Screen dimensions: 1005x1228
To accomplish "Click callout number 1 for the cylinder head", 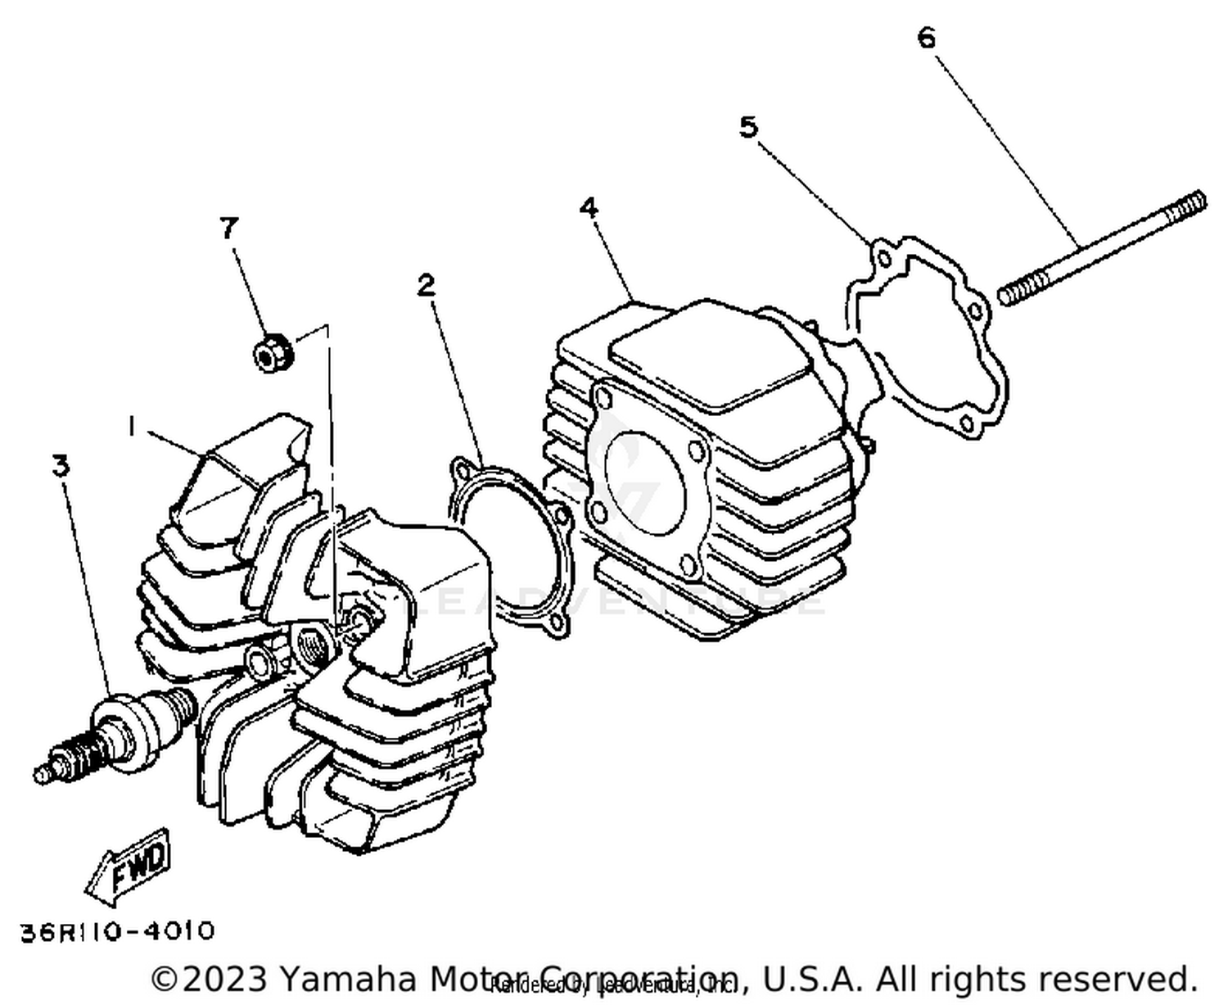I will pos(131,426).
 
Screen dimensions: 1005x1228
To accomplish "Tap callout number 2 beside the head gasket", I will pos(426,286).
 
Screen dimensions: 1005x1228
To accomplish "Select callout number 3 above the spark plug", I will pos(61,466).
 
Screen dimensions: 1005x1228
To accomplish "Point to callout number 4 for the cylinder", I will pos(589,208).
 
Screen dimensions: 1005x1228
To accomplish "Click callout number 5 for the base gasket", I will pos(748,127).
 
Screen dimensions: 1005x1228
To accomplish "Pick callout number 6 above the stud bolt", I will pos(926,38).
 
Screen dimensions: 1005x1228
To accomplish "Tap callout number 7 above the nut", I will pos(229,228).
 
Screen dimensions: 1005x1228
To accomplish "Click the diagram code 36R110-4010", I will pos(117,931).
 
